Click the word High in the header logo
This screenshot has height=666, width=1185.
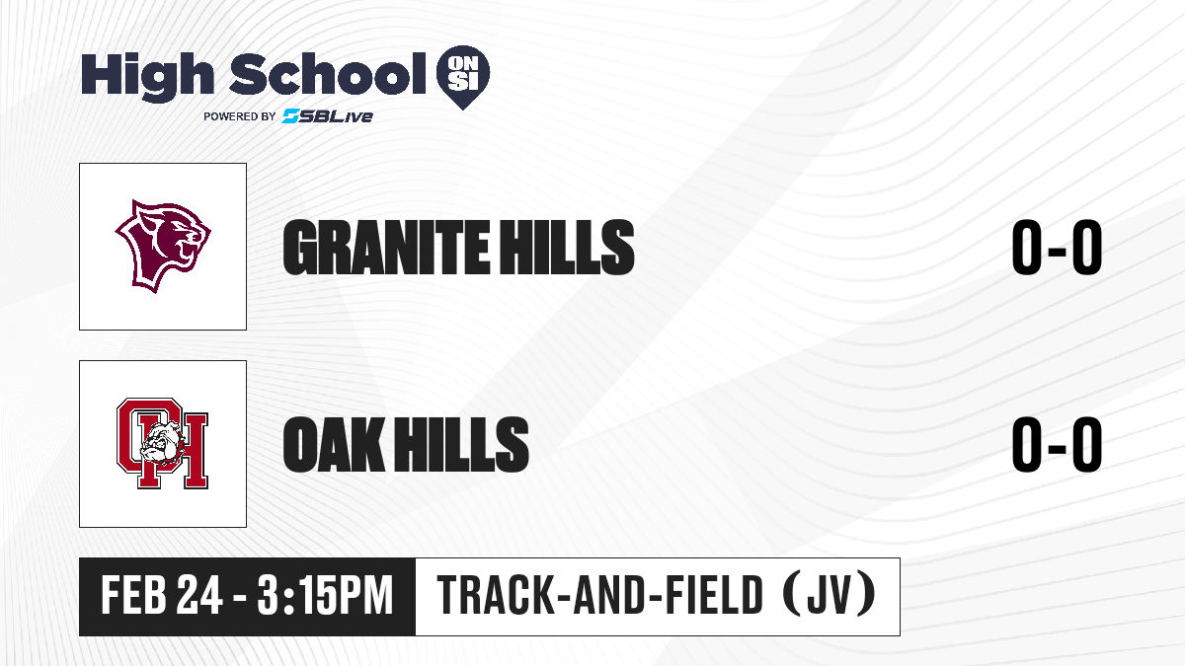(x=147, y=76)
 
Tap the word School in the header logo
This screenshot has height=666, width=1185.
(x=328, y=73)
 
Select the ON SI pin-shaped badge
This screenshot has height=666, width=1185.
(x=463, y=77)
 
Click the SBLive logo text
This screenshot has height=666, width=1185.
(x=328, y=116)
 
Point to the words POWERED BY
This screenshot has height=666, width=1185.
(x=240, y=116)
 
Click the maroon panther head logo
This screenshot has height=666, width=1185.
(x=163, y=247)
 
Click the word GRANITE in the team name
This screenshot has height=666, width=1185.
(x=386, y=248)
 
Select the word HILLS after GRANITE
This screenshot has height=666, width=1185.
(x=568, y=248)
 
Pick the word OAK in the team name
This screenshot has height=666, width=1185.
(x=334, y=444)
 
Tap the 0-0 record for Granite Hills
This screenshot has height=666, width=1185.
(x=1057, y=248)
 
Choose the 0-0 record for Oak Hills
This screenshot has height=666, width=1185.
(x=1057, y=444)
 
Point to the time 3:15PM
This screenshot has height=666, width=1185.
(x=325, y=595)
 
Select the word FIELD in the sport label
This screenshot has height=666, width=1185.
(x=714, y=595)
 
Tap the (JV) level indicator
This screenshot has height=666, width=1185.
(x=829, y=594)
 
